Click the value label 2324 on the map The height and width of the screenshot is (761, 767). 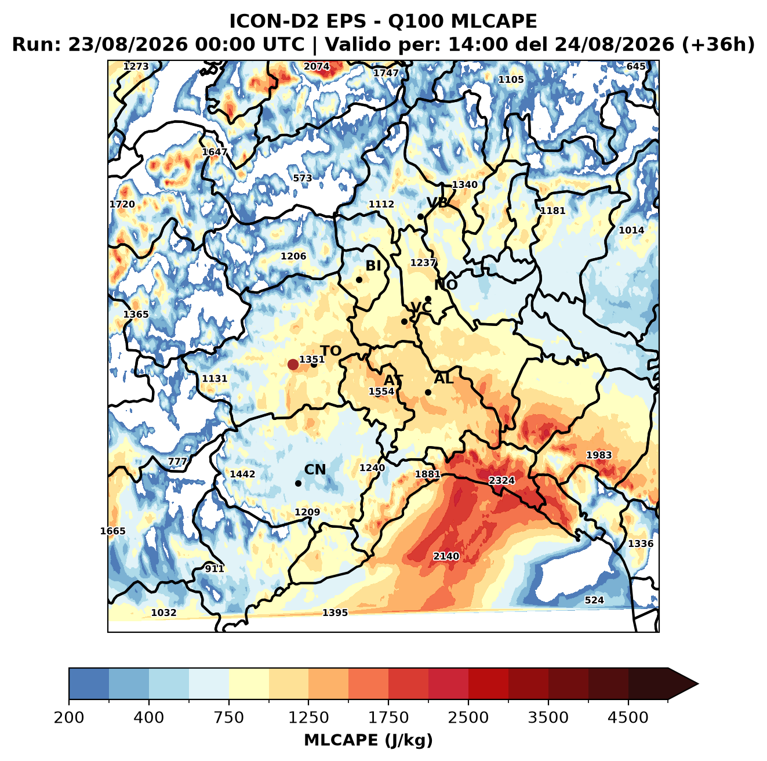click(x=501, y=481)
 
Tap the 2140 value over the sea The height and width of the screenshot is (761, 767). click(x=446, y=556)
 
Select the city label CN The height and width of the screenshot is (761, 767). click(x=315, y=470)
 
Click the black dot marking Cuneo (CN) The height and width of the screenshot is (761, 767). click(x=298, y=483)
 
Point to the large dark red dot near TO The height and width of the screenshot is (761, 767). click(x=293, y=364)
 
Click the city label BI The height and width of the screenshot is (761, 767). click(x=373, y=266)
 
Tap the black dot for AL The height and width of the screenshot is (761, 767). click(x=428, y=392)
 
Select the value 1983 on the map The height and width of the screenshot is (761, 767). click(x=599, y=455)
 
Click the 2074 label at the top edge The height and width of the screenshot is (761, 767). click(x=317, y=67)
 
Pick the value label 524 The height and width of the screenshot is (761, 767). click(x=594, y=600)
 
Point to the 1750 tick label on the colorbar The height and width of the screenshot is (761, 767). click(x=388, y=717)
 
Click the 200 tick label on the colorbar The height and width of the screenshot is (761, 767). click(x=69, y=717)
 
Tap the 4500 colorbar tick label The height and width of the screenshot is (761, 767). click(x=628, y=717)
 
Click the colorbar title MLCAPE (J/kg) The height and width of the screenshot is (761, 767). click(x=368, y=740)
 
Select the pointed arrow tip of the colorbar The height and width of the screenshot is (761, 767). click(x=698, y=684)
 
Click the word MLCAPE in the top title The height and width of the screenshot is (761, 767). click(x=494, y=21)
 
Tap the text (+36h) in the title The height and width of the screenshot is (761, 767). click(x=718, y=45)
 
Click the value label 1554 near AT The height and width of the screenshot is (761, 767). click(x=381, y=392)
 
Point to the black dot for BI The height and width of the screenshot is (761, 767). click(x=359, y=280)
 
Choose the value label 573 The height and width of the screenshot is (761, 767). click(x=303, y=178)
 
